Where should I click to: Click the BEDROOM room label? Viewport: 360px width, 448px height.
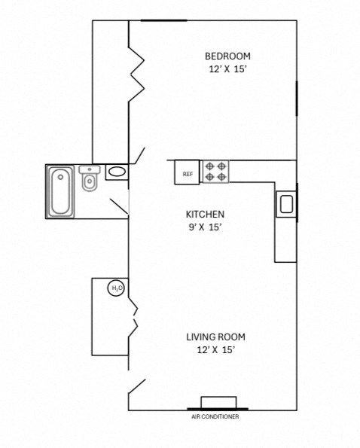tap(227, 56)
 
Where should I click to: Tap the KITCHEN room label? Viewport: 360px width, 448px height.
tap(206, 214)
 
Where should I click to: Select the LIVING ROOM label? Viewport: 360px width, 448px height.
tap(215, 337)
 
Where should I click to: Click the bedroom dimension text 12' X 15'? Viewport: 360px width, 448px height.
tap(227, 69)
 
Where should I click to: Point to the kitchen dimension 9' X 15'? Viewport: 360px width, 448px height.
tap(206, 227)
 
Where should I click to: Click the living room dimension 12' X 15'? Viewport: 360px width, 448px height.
tap(215, 349)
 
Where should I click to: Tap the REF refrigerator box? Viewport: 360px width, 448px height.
tap(188, 172)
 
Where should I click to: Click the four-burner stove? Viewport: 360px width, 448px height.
tap(215, 172)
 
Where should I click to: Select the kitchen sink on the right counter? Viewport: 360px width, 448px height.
tap(286, 204)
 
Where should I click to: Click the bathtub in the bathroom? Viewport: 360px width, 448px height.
tap(60, 191)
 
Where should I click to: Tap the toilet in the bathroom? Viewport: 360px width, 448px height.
tap(89, 179)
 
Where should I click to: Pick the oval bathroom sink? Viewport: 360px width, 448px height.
tap(117, 172)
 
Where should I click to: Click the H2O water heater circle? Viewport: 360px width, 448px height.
tap(117, 288)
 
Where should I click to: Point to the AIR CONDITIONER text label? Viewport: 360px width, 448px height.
tap(216, 416)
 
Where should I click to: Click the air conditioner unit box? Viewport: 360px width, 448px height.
tap(218, 402)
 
